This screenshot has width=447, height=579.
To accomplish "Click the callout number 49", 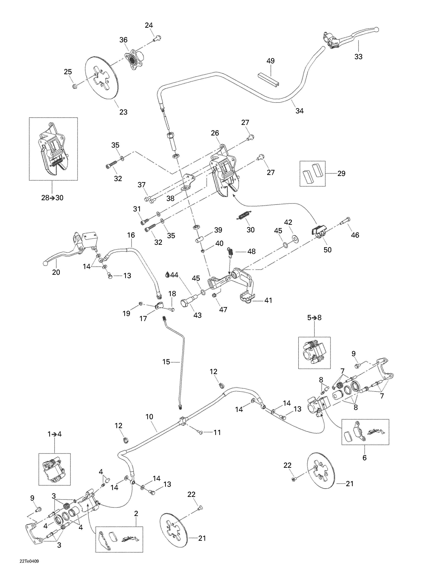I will pyautogui.click(x=270, y=61).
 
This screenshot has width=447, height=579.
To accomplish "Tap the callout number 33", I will pyautogui.click(x=358, y=57).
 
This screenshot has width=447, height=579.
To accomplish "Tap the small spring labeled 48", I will pyautogui.click(x=230, y=252).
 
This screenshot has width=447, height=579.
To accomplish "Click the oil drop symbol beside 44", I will pyautogui.click(x=167, y=275).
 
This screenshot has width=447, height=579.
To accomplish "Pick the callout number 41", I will pyautogui.click(x=268, y=300).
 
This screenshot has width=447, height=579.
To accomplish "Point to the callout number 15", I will pyautogui.click(x=166, y=362).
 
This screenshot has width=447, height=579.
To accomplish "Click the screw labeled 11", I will pyautogui.click(x=201, y=432).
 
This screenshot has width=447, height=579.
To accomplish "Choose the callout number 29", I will pyautogui.click(x=341, y=174).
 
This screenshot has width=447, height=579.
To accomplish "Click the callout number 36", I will pyautogui.click(x=123, y=40).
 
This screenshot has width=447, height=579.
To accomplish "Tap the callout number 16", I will pyautogui.click(x=131, y=235).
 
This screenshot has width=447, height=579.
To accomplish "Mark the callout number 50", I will pyautogui.click(x=327, y=250).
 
